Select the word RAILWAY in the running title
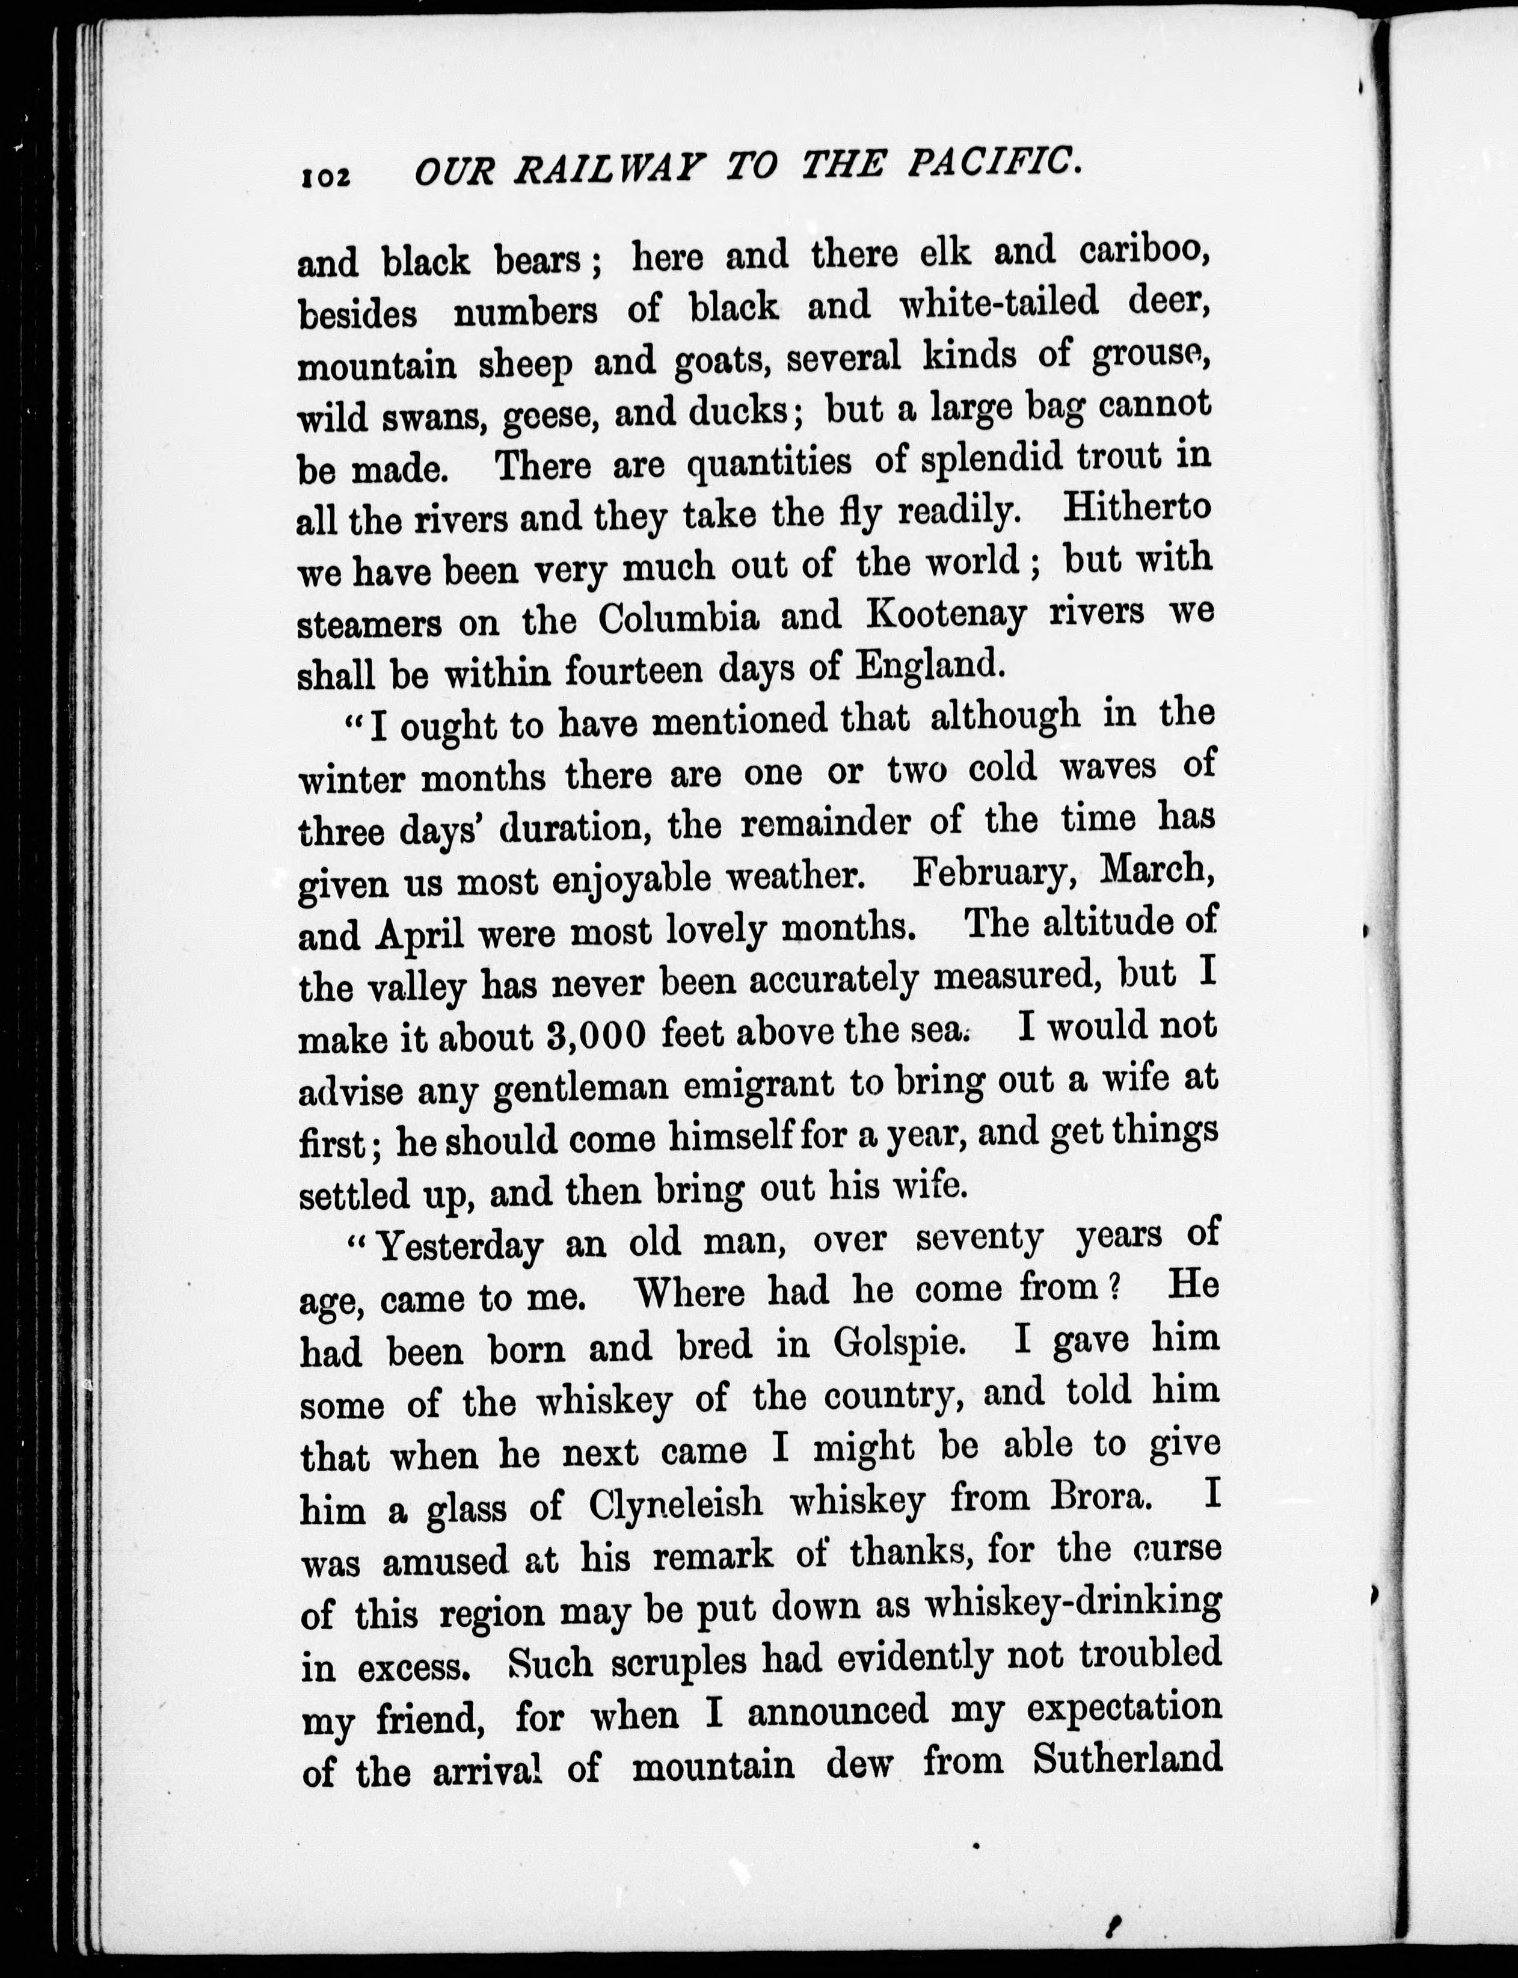click(606, 170)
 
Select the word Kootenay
click(946, 615)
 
